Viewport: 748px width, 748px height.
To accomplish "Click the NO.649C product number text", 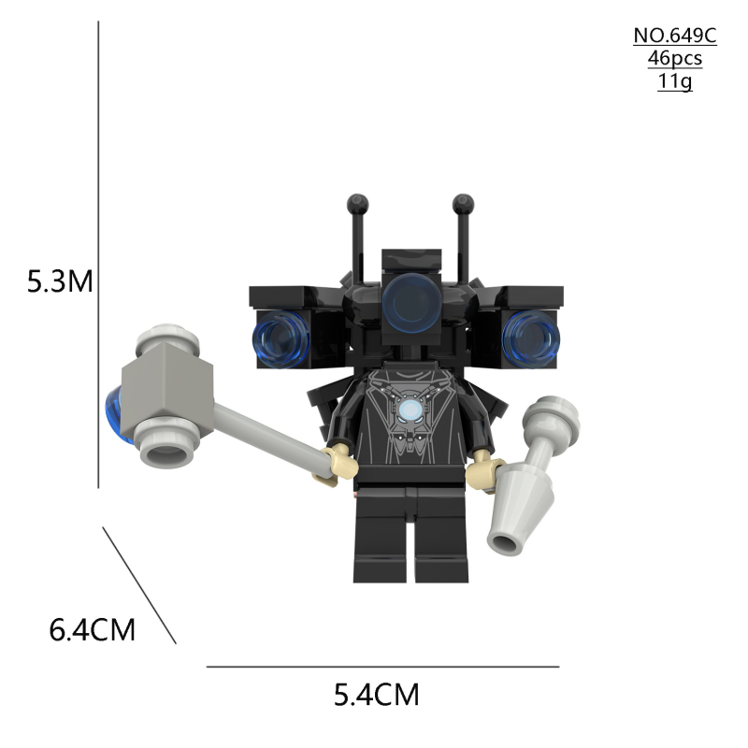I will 674,36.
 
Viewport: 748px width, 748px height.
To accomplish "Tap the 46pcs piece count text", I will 674,59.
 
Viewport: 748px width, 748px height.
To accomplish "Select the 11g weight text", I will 674,81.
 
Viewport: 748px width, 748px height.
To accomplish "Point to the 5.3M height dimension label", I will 60,280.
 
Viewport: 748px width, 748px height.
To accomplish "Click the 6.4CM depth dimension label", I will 93,629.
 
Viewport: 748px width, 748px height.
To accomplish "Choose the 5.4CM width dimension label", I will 377,695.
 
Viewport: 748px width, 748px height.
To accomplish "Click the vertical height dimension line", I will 98,252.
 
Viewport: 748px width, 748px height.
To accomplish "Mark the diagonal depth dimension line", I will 139,585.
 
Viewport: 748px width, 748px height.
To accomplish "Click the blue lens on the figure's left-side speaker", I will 279,336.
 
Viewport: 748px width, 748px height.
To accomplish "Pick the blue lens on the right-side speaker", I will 529,338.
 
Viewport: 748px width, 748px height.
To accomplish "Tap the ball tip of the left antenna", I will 356,203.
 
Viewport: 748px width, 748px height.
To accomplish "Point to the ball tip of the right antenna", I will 461,203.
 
